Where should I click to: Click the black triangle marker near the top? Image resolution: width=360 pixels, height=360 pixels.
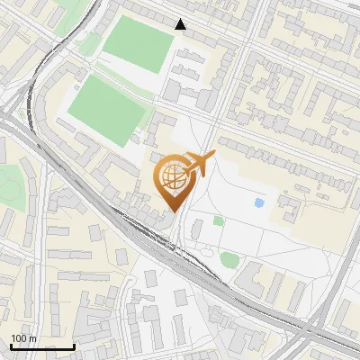tap(181, 24)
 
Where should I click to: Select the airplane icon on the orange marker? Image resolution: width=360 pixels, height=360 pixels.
tap(201, 164)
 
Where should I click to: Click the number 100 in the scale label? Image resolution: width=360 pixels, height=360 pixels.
tap(20, 338)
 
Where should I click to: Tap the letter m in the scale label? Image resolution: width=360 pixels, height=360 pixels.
tap(33, 338)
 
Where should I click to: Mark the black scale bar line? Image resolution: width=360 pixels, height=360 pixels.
tap(42, 346)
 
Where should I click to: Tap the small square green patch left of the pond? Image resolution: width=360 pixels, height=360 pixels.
tap(219, 220)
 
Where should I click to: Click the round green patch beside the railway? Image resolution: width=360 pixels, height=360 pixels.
tap(229, 260)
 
